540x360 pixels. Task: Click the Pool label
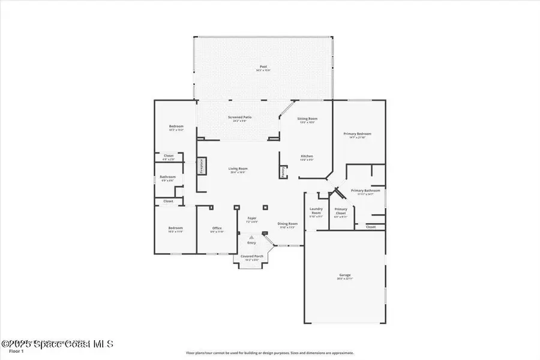point(263,67)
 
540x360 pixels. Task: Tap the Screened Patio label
point(239,118)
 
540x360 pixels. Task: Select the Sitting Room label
point(307,119)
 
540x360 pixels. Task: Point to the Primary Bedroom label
point(357,134)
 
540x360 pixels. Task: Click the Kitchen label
point(307,157)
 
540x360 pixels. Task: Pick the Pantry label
point(283,172)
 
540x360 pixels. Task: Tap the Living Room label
point(238,169)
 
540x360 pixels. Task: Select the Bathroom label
point(167,177)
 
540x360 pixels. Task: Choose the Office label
point(217,229)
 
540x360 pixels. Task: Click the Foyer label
point(251,219)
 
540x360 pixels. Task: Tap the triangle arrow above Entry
point(251,238)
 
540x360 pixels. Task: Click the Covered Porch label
point(251,257)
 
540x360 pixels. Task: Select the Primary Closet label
point(341,210)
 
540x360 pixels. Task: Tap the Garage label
point(344,275)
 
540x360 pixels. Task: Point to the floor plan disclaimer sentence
point(269,353)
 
